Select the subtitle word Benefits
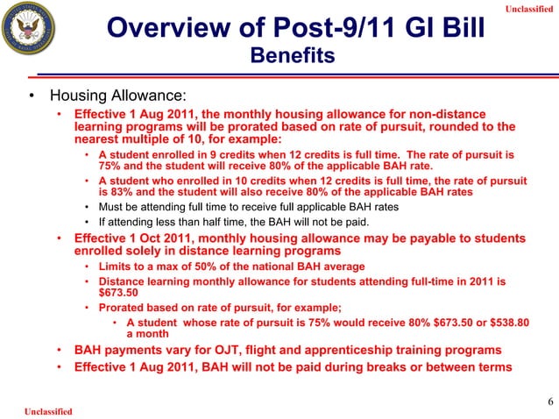coord(293,57)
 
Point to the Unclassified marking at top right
coord(529,9)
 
